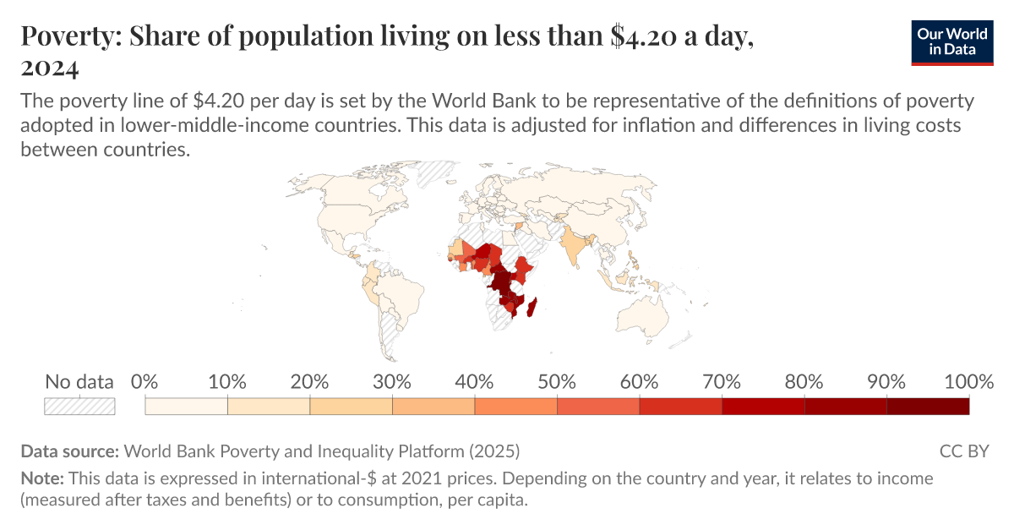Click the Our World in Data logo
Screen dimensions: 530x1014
click(952, 40)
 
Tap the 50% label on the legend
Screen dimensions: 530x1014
click(557, 381)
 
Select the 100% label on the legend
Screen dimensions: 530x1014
click(968, 381)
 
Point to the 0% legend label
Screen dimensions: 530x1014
click(145, 381)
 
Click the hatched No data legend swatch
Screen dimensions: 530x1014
click(79, 406)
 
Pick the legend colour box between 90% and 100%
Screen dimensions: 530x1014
click(928, 406)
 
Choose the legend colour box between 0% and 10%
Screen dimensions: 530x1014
click(187, 406)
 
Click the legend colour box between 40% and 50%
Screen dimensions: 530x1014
click(515, 406)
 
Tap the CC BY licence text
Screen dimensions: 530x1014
click(963, 451)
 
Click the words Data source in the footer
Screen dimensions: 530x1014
click(71, 451)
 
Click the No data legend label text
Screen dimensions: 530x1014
click(79, 381)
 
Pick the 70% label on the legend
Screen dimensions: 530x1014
click(722, 381)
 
